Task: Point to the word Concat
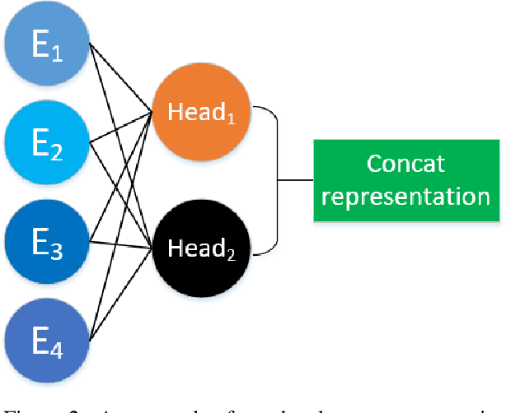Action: tap(405, 163)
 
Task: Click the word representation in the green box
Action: tap(405, 197)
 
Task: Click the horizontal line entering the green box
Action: tap(295, 179)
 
